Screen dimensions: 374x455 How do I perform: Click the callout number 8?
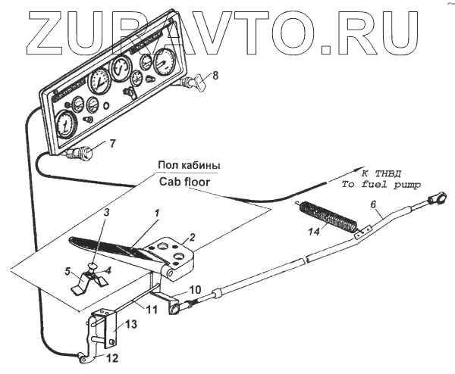215,75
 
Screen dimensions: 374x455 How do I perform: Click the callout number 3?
107,213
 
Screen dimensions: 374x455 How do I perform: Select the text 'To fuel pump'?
380,184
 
